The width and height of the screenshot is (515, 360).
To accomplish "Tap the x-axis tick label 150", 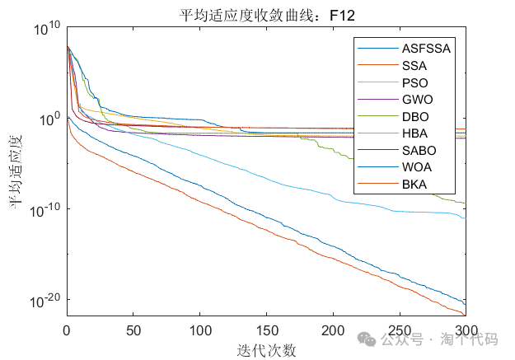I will (x=266, y=331).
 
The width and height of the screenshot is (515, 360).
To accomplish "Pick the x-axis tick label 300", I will (x=466, y=331).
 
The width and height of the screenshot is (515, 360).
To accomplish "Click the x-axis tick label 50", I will (x=133, y=331).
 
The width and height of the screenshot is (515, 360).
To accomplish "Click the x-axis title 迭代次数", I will (x=266, y=350).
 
